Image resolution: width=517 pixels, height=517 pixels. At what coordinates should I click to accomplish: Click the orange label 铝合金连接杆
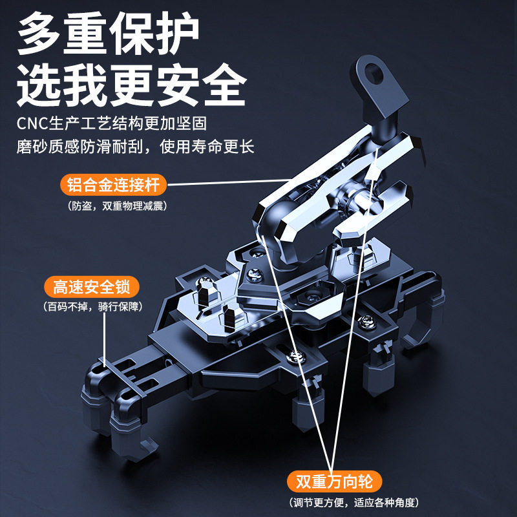click(x=113, y=185)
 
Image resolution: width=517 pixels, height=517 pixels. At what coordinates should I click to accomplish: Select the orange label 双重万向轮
click(x=335, y=481)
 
